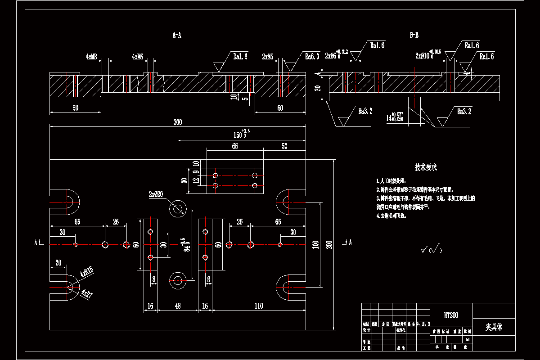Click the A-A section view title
(177, 35)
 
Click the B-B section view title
(414, 35)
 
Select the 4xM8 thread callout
(92, 57)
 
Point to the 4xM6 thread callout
(137, 57)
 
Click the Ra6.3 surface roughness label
(312, 57)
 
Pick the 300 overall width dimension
(177, 122)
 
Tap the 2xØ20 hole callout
(156, 194)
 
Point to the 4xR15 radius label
(86, 272)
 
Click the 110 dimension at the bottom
(259, 306)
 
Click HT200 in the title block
(451, 315)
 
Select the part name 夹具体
(494, 327)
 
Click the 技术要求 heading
(426, 167)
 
